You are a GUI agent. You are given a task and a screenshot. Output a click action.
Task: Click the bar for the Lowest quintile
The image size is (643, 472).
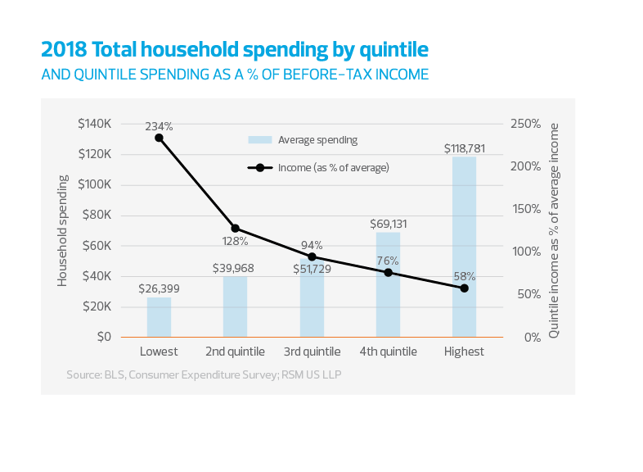[159, 317]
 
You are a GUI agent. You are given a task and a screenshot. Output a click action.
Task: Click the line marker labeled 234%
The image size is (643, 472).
[159, 138]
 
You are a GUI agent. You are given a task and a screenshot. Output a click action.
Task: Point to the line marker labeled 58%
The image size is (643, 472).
[464, 288]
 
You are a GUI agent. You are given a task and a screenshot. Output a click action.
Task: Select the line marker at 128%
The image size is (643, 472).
[235, 228]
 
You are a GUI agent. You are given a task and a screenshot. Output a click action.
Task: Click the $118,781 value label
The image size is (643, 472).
[465, 149]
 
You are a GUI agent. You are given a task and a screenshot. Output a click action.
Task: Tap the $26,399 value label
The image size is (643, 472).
[159, 288]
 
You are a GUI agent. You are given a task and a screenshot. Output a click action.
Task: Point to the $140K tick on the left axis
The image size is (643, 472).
[95, 124]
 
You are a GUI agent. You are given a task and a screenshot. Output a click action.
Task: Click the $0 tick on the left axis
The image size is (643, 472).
[103, 337]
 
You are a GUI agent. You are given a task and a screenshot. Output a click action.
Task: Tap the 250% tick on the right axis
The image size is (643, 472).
[525, 124]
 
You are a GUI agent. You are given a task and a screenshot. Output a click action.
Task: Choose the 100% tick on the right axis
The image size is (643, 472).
[525, 252]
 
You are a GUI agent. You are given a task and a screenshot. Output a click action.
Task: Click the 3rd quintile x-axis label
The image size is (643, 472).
[312, 352]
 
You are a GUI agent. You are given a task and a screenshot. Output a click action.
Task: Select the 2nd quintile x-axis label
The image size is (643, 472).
[235, 352]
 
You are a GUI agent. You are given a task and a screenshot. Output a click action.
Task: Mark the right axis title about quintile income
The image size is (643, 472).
[555, 230]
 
